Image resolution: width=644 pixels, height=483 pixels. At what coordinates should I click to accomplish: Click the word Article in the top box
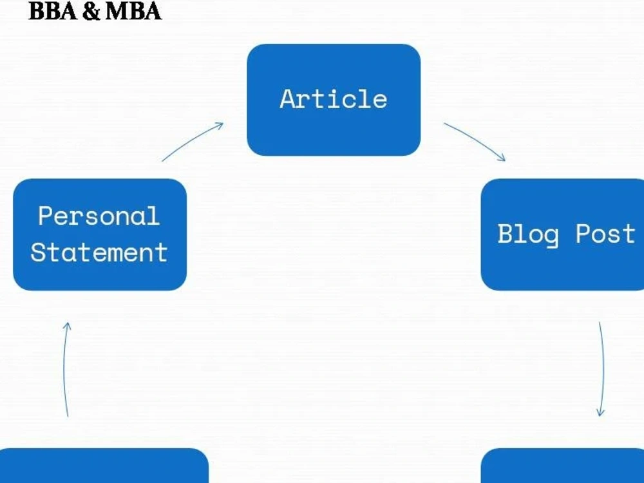coord(334,99)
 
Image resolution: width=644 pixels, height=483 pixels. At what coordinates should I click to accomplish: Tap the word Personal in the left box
coord(99,216)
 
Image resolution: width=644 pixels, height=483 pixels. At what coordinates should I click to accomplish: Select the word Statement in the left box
coord(99,252)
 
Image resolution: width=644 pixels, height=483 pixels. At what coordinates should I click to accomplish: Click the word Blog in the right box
coord(528,234)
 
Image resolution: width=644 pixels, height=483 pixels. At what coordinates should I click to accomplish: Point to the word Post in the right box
coord(605,234)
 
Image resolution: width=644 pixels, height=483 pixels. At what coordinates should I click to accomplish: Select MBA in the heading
coord(133,11)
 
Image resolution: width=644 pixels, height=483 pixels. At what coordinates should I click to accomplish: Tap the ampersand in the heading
coord(91,12)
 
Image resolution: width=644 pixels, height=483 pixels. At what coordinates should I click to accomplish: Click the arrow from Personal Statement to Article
coord(191,140)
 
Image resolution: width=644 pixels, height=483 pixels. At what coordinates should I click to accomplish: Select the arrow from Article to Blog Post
coord(476,140)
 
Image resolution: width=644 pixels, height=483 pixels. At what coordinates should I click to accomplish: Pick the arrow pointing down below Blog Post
coord(603,370)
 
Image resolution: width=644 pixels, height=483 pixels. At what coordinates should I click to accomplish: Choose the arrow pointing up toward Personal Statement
coord(64,370)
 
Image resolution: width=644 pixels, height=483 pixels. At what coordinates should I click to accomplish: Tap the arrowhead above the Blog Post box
coord(502,158)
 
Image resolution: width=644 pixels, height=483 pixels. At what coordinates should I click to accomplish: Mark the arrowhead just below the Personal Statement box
coord(67,326)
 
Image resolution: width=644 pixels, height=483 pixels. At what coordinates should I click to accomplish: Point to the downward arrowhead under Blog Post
coord(600,412)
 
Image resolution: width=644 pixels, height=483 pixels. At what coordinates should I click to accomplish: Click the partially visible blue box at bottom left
coord(104,466)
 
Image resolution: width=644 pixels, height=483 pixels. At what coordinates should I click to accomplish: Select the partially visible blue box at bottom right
coord(562,466)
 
